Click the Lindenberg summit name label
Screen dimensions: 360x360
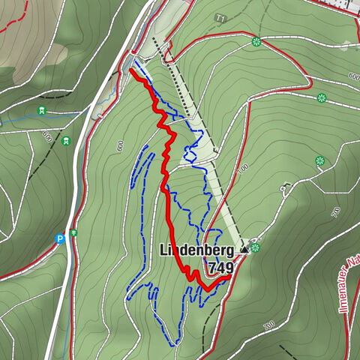[198, 250]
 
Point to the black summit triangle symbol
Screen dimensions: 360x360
[244, 247]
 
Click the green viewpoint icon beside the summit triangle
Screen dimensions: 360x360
[256, 247]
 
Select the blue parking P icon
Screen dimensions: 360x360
[60, 239]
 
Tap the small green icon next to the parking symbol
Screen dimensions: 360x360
[73, 232]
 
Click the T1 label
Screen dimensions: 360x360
[220, 17]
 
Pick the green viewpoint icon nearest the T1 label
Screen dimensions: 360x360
[256, 41]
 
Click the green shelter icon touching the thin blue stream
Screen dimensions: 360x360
[43, 112]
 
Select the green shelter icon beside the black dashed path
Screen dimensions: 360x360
[67, 140]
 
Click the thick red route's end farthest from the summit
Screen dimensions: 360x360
[132, 70]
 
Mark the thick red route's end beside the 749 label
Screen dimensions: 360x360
[227, 277]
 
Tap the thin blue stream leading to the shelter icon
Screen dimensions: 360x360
[19, 118]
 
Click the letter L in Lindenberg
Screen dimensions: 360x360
[163, 250]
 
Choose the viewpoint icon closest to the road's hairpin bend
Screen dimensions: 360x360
[322, 97]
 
